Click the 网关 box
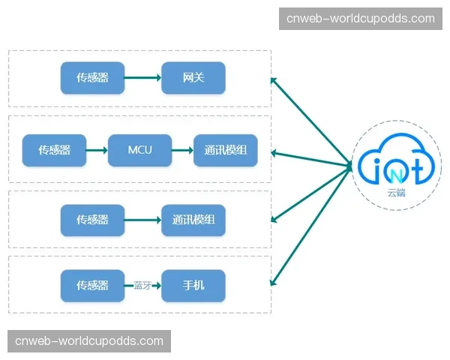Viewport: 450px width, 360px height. (193, 78)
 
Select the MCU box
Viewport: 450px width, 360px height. (139, 150)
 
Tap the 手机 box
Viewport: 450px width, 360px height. (193, 286)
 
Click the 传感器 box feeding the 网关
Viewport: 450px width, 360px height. (92, 78)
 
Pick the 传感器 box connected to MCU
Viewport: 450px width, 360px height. (54, 150)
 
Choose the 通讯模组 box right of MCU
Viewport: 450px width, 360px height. (226, 150)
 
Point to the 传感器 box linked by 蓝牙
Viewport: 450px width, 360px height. (92, 286)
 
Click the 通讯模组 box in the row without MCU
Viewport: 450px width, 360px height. (193, 220)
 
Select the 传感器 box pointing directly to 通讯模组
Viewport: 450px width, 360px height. (92, 220)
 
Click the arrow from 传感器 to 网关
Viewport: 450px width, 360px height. (142, 78)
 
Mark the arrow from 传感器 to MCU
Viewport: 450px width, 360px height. (97, 150)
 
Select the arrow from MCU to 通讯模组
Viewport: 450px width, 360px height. (182, 150)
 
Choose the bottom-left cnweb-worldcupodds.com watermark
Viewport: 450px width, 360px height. (89, 341)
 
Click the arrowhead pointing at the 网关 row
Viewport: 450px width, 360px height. (274, 80)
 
